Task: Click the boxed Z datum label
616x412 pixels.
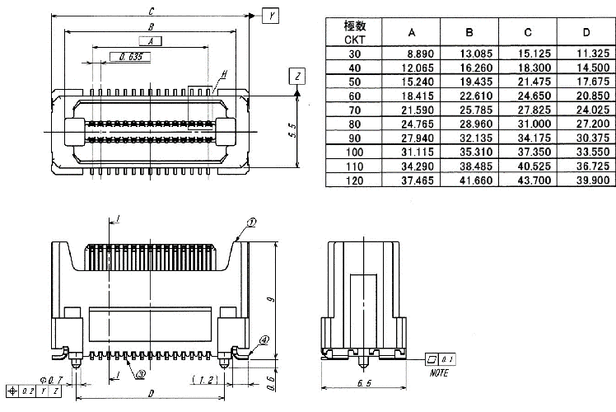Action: pyautogui.click(x=298, y=77)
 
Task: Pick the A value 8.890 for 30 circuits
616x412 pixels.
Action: pyautogui.click(x=410, y=53)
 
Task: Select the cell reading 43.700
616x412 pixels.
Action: pyautogui.click(x=527, y=180)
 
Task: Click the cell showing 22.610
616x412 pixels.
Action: pyautogui.click(x=468, y=96)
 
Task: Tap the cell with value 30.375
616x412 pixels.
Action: pyautogui.click(x=585, y=138)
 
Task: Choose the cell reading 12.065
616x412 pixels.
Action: pyautogui.click(x=410, y=67)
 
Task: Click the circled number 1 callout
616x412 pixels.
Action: pyautogui.click(x=252, y=222)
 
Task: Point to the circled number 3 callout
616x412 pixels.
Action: pyautogui.click(x=141, y=372)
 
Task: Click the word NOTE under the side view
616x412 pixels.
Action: pyautogui.click(x=440, y=372)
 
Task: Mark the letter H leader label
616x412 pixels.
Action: pyautogui.click(x=222, y=74)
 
